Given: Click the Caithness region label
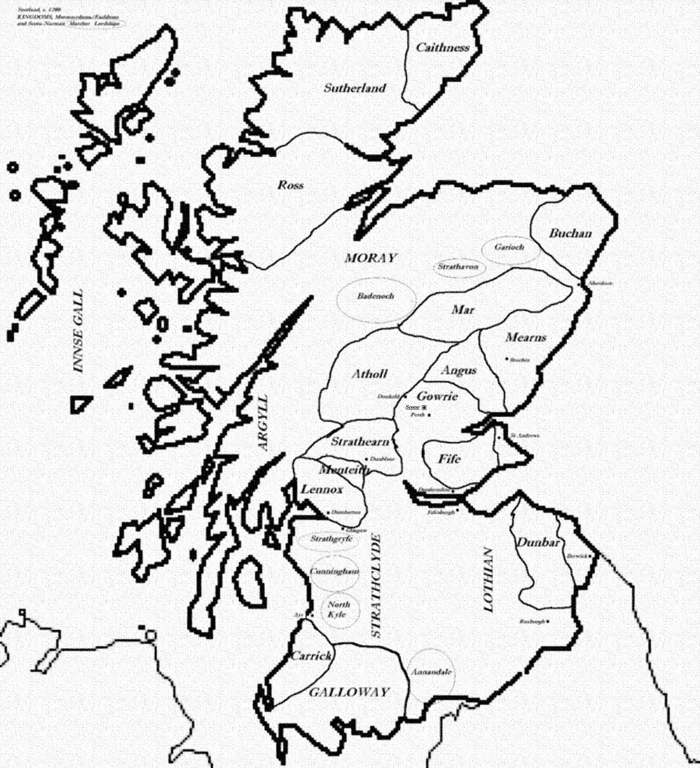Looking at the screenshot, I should tap(442, 48).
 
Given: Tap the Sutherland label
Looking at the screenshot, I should tap(354, 88).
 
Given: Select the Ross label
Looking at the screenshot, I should tap(291, 185).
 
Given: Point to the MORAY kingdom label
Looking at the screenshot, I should tap(370, 258).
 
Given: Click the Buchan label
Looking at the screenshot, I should tap(570, 233).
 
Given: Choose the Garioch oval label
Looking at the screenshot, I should tap(509, 247).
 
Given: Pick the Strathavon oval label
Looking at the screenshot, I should tap(458, 267).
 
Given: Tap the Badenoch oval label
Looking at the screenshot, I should tap(375, 296).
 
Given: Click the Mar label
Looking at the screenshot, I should tap(463, 310).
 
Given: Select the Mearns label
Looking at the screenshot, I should tap(526, 337).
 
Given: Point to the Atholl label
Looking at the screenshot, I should tap(370, 374).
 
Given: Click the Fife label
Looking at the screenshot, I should tap(449, 459).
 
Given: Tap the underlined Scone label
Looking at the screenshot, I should tap(413, 407).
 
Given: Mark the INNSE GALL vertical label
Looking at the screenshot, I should tap(79, 331).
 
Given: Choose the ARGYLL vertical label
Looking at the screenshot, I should tap(262, 423).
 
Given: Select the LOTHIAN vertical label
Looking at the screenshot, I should tap(488, 579).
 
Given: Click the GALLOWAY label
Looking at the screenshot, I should tap(349, 693).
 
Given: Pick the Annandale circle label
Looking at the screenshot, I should tap(431, 672).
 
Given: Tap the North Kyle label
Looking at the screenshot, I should tap(338, 609).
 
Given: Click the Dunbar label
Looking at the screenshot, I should tap(538, 543).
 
